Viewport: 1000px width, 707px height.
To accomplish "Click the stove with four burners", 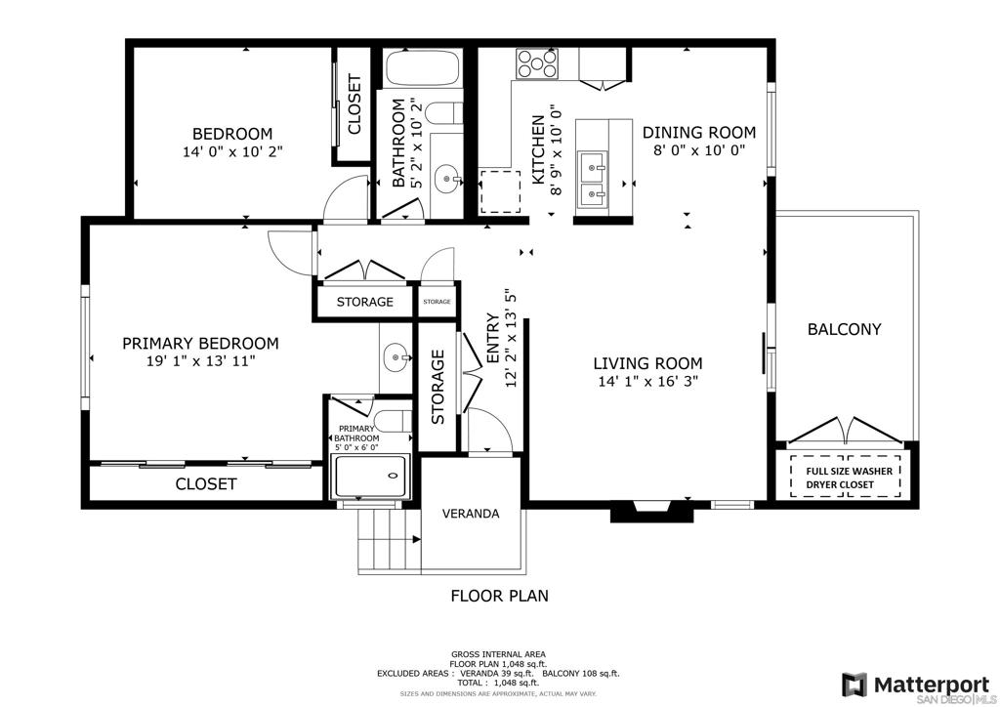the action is pyautogui.click(x=537, y=63).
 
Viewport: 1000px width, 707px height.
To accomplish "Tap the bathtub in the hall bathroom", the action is pyautogui.click(x=422, y=68).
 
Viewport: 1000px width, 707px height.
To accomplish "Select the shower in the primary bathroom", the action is pyautogui.click(x=370, y=477).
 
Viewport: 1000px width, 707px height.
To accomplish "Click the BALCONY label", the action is pyautogui.click(x=844, y=329).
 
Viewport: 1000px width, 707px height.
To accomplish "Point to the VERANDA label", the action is pyautogui.click(x=471, y=514).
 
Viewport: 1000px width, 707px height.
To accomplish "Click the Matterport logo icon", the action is pyautogui.click(x=854, y=685).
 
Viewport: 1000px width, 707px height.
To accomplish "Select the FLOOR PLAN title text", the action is pyautogui.click(x=499, y=596).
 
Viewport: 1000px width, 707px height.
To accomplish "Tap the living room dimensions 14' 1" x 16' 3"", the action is pyautogui.click(x=648, y=381).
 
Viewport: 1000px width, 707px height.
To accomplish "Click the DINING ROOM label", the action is pyautogui.click(x=699, y=133).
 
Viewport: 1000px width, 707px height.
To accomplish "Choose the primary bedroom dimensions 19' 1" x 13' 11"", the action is pyautogui.click(x=200, y=361).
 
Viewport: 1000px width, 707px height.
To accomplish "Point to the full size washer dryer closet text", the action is pyautogui.click(x=849, y=478).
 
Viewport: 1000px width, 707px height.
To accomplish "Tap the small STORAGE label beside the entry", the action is pyautogui.click(x=437, y=302).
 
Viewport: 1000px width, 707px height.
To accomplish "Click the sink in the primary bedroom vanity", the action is pyautogui.click(x=396, y=357).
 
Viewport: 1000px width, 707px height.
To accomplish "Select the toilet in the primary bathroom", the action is pyautogui.click(x=392, y=420).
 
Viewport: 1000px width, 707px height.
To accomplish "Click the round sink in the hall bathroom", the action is pyautogui.click(x=447, y=179).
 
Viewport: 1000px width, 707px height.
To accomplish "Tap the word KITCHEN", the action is pyautogui.click(x=538, y=149).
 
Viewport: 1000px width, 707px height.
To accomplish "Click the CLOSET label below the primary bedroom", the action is pyautogui.click(x=206, y=484).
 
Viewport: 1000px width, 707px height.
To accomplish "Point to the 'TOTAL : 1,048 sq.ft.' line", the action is pyautogui.click(x=499, y=683).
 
